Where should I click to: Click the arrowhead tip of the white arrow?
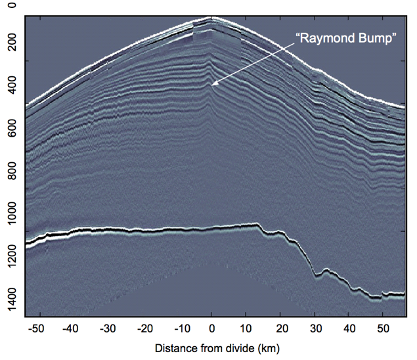[211, 85]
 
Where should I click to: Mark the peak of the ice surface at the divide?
[211, 18]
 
